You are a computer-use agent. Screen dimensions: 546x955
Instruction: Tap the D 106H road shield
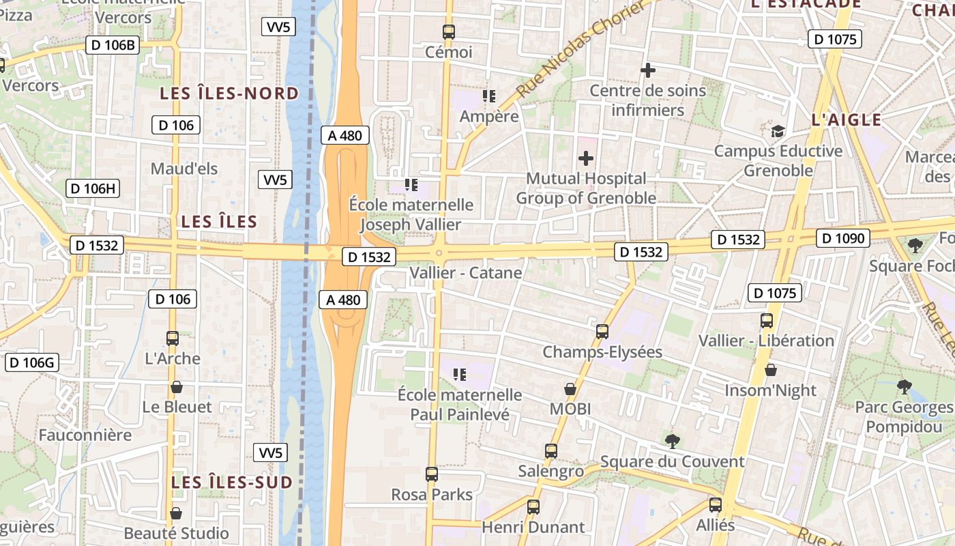[93, 188]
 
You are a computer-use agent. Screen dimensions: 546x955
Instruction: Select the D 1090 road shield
[843, 238]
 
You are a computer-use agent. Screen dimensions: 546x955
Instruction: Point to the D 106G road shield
[32, 362]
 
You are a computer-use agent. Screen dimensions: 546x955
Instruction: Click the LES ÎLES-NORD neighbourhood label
[229, 94]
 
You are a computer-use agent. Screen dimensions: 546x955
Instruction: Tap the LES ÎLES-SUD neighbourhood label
[232, 482]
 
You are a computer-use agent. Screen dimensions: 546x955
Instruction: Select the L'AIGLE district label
[846, 120]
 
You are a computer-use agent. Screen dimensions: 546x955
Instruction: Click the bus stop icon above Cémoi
[448, 31]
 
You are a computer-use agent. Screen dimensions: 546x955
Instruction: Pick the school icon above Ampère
[488, 96]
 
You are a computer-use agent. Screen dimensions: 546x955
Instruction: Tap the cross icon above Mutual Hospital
[585, 158]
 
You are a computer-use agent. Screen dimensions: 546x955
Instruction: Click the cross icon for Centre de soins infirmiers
[647, 70]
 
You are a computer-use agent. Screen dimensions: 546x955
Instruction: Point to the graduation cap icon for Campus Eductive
[778, 131]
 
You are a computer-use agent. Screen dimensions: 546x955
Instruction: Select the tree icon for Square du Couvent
[672, 441]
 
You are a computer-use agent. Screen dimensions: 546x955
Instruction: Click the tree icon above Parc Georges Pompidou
[904, 387]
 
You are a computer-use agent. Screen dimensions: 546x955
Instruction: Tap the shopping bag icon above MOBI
[570, 389]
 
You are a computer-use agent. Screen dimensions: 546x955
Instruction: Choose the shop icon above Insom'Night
[770, 370]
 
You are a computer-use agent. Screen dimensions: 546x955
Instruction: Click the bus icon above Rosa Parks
[431, 474]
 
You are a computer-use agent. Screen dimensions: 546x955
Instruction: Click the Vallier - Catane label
[465, 273]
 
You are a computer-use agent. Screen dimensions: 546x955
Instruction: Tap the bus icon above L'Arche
[173, 338]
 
